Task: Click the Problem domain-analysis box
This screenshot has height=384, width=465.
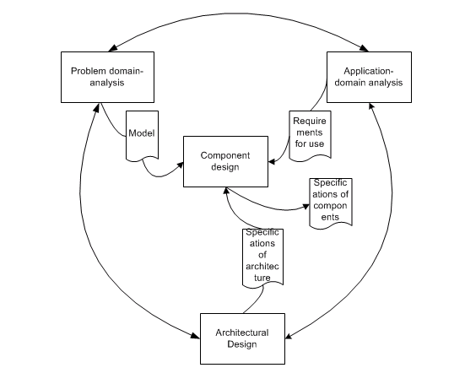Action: [107, 77]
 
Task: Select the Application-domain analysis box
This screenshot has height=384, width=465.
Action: [369, 77]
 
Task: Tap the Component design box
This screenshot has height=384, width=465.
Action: [225, 161]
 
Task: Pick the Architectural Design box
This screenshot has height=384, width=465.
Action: [242, 338]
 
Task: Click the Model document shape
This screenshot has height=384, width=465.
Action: [142, 136]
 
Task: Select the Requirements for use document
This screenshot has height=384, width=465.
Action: [310, 136]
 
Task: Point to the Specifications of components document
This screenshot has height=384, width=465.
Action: [331, 203]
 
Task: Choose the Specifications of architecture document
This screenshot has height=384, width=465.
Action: [262, 257]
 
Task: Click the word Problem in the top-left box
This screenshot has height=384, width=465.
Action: [89, 71]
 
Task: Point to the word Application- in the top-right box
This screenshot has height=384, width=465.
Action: [369, 71]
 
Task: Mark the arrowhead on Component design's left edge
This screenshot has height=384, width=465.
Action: [181, 165]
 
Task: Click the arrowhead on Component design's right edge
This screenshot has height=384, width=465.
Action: [272, 162]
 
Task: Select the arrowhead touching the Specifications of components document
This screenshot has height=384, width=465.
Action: [305, 207]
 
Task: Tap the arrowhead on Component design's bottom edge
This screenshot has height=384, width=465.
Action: [225, 191]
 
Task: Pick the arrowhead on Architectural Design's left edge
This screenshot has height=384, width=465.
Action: [196, 336]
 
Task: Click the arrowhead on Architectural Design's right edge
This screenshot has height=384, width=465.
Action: [289, 336]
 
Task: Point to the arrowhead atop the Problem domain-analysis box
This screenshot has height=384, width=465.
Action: [112, 48]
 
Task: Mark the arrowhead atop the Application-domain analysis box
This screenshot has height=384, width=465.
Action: [364, 48]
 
